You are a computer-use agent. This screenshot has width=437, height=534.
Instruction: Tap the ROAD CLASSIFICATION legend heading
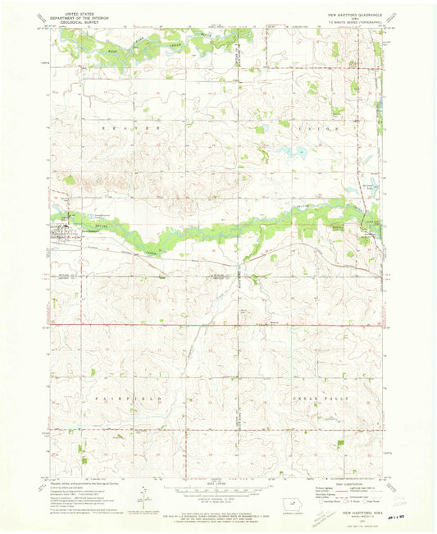339,485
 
